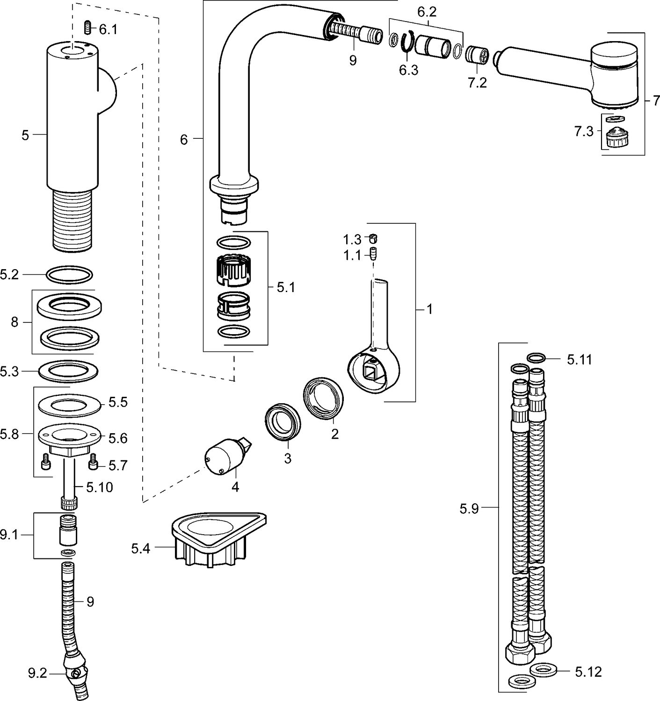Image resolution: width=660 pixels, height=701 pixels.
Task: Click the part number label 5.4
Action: [x=140, y=548]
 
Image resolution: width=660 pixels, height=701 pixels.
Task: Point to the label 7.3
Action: [x=584, y=132]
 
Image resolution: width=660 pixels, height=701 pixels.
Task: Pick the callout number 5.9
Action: [x=469, y=508]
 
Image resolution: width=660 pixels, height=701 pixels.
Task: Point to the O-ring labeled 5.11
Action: [x=537, y=358]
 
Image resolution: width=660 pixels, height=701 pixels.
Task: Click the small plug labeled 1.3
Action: [x=373, y=238]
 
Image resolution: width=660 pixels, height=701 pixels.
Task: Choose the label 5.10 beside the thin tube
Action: [x=99, y=487]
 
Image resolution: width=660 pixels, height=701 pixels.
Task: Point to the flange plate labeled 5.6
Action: [x=69, y=437]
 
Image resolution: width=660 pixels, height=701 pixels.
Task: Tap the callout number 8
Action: [x=15, y=322]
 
